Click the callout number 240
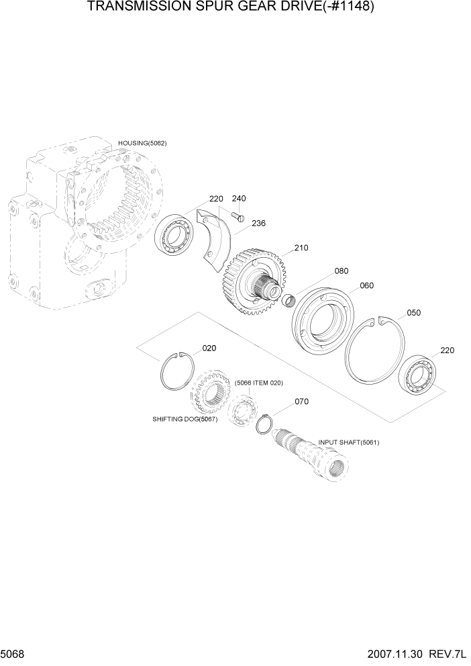[238, 199]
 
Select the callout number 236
[258, 224]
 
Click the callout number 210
[301, 248]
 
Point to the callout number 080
[341, 271]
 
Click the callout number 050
[414, 313]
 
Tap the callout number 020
[209, 348]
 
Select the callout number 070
[301, 401]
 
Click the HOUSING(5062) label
[142, 143]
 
